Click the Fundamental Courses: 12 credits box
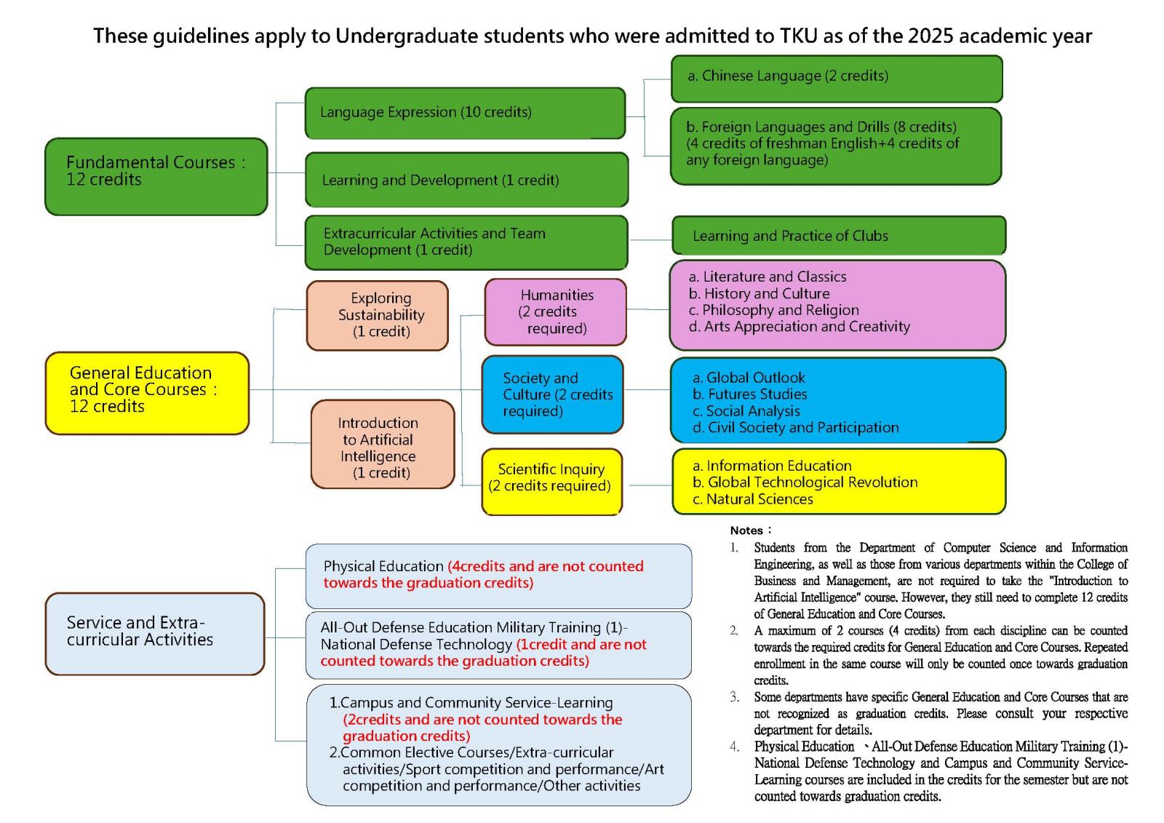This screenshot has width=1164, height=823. click(x=156, y=177)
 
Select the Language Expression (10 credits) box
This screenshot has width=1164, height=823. click(x=465, y=114)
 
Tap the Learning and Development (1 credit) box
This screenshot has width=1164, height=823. click(x=466, y=180)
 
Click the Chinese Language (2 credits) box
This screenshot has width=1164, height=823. click(x=837, y=79)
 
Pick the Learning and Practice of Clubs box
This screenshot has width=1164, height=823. click(x=839, y=236)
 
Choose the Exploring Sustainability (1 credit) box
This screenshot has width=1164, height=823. click(x=378, y=316)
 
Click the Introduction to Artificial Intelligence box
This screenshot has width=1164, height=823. click(x=383, y=445)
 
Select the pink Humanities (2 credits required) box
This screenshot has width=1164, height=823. click(x=556, y=312)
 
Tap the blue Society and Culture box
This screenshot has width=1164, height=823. click(x=552, y=394)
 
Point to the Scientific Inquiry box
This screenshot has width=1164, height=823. click(x=552, y=482)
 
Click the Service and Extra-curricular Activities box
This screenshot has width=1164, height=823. click(x=155, y=634)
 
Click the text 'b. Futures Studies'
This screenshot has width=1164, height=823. click(x=750, y=394)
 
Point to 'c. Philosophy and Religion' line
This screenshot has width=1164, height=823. click(x=774, y=310)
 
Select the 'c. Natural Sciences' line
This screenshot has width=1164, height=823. click(x=753, y=499)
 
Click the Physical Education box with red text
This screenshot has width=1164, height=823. click(x=499, y=576)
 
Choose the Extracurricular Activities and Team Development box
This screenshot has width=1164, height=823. click(x=466, y=243)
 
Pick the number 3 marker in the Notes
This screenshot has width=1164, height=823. click(x=734, y=696)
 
